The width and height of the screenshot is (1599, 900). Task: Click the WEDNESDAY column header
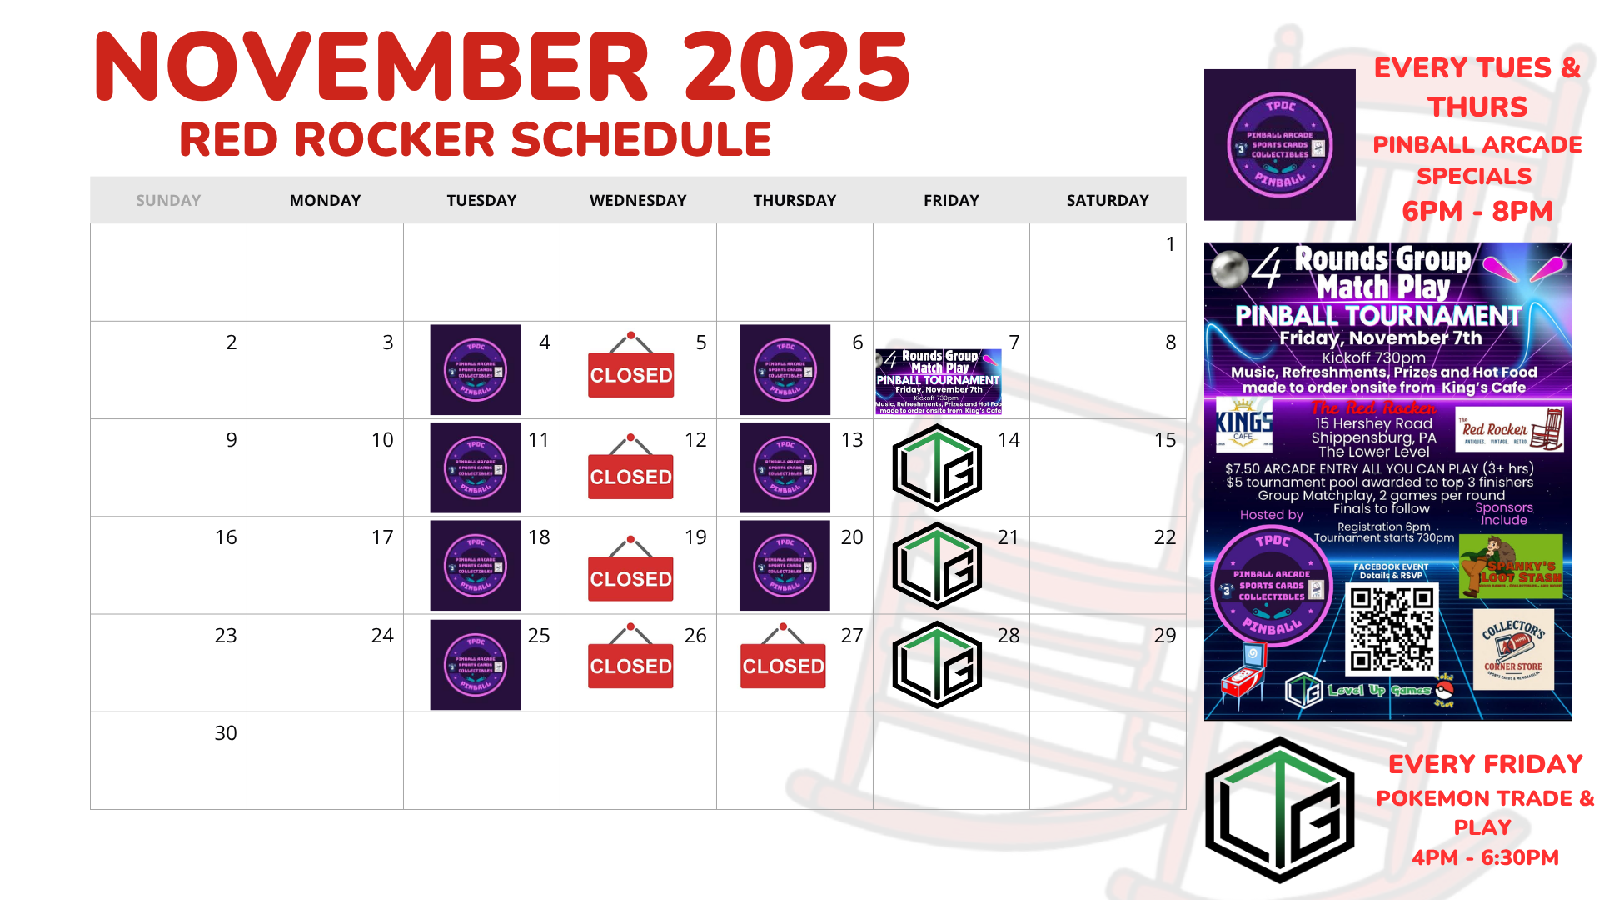[638, 200]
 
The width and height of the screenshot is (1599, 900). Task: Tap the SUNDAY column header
[168, 200]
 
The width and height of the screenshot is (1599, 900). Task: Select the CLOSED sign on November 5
[630, 367]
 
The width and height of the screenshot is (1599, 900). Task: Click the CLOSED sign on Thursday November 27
[783, 658]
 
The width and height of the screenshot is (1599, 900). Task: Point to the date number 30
[226, 733]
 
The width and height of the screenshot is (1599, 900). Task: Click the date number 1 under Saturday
[1170, 244]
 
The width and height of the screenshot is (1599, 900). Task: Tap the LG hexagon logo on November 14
[937, 467]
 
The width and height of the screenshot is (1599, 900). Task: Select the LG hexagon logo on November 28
[937, 664]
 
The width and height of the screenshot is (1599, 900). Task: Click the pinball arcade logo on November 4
[475, 369]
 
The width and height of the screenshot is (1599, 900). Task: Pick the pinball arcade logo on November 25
[475, 664]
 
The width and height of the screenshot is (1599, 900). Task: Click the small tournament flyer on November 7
[938, 382]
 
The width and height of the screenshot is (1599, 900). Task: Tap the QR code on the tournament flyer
[1392, 629]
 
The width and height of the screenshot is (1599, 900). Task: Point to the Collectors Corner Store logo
[1513, 650]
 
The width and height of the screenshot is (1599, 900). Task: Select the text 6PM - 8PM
[1477, 212]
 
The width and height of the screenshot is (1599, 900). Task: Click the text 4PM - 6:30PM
[1485, 857]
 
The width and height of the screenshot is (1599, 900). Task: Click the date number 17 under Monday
[382, 537]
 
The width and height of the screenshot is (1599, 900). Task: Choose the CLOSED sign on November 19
[630, 570]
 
